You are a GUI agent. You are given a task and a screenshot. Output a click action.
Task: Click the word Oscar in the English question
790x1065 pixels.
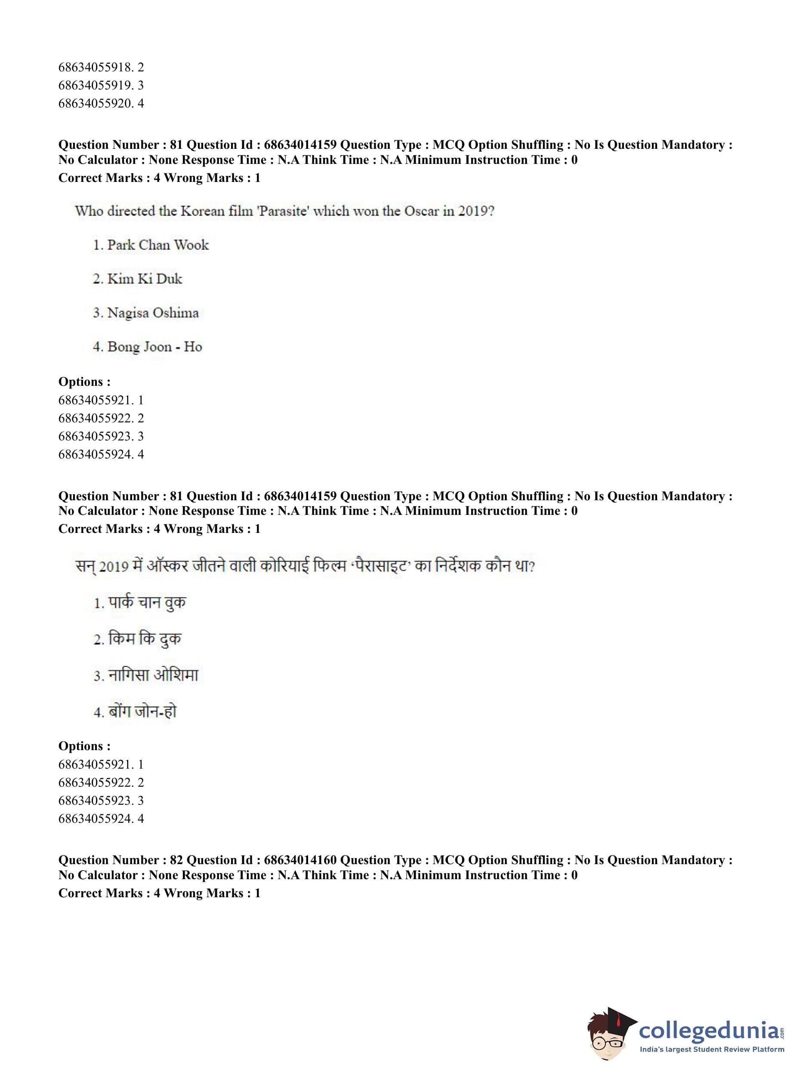pyautogui.click(x=421, y=211)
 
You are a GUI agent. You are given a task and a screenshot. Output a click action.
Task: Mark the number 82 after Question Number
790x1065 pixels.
pyautogui.click(x=176, y=860)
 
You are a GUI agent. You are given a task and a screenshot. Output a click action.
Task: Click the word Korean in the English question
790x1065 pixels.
pyautogui.click(x=202, y=211)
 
